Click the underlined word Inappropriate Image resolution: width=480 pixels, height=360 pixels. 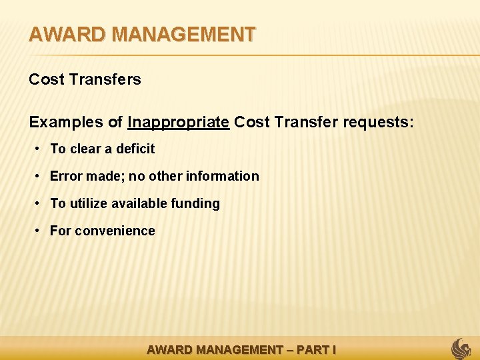tap(179, 122)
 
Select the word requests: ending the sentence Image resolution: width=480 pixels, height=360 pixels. tap(378, 122)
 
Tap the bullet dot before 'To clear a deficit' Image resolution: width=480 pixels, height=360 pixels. tap(39, 149)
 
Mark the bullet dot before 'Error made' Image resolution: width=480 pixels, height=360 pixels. tap(39, 176)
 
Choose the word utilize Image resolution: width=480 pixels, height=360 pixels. tap(91, 203)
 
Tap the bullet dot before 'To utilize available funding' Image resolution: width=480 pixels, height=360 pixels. tap(39, 203)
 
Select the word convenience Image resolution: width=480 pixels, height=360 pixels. tap(115, 231)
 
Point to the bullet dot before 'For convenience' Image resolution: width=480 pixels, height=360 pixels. tap(39, 231)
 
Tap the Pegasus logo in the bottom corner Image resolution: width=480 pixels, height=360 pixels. tap(461, 348)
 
